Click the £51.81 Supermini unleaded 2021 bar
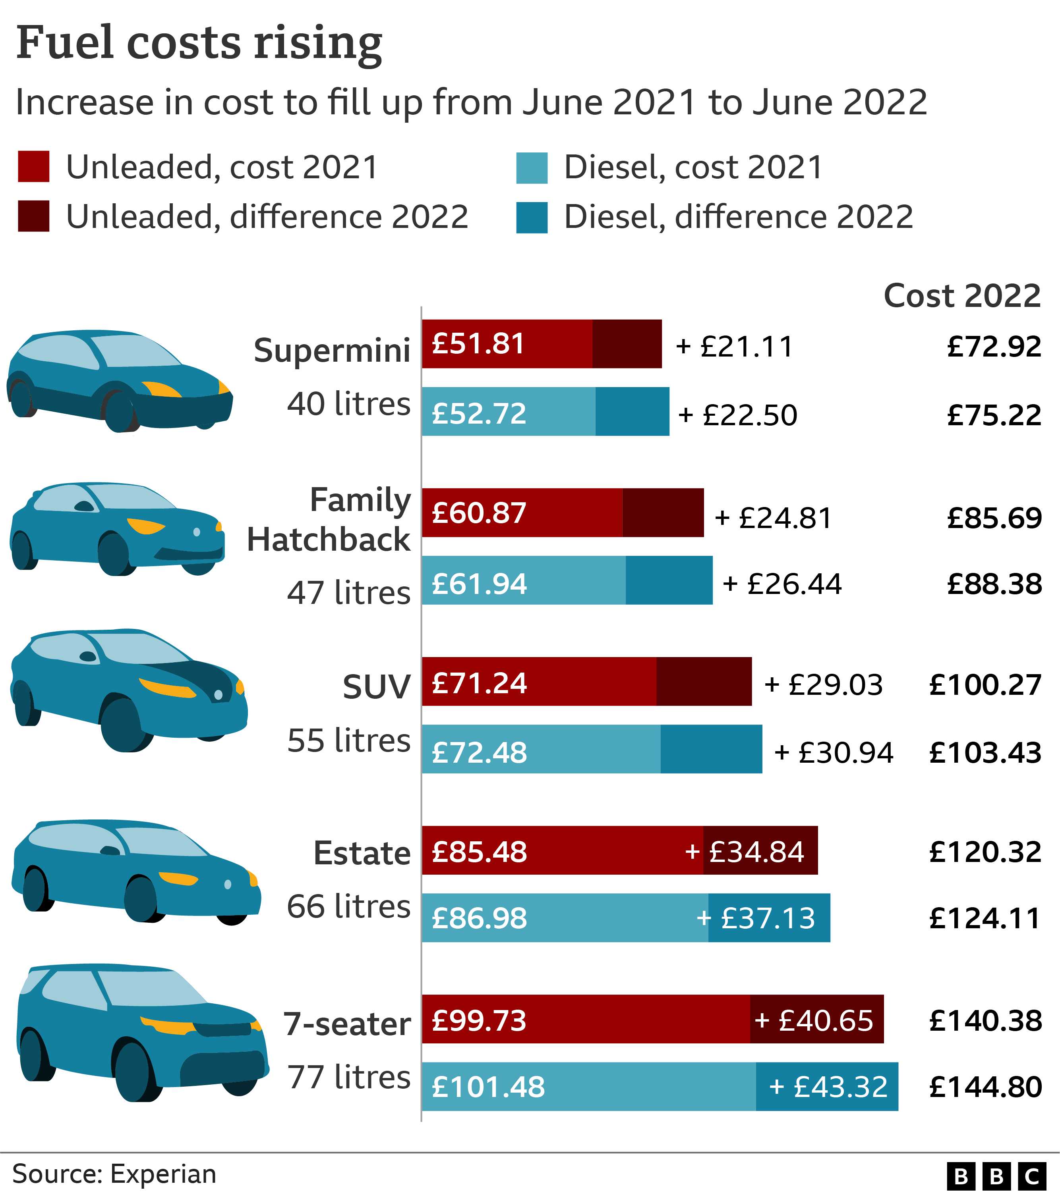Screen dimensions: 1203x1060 (x=507, y=344)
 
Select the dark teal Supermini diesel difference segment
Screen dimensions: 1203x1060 (x=632, y=411)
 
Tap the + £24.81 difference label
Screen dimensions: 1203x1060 (x=773, y=519)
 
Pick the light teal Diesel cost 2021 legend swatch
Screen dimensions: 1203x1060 (x=532, y=168)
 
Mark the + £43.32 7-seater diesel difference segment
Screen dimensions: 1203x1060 (x=827, y=1086)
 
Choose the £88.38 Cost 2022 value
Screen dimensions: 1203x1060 (x=994, y=584)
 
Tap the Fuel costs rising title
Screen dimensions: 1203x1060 (x=199, y=43)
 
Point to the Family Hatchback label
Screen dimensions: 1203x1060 (x=329, y=520)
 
